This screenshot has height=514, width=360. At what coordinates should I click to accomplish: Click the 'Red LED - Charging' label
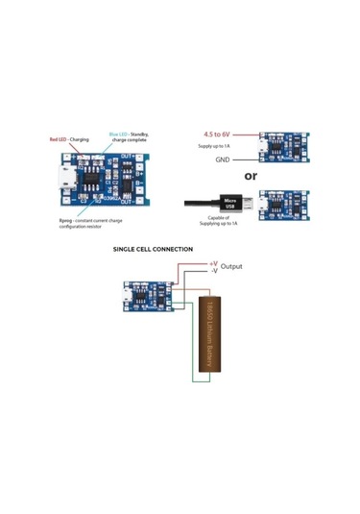[x=69, y=139]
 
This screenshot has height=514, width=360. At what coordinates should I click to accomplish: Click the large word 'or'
[x=251, y=177]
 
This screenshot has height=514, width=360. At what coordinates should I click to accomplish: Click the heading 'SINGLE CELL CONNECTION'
[x=154, y=249]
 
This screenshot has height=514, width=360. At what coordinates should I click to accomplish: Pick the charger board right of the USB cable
[x=285, y=205]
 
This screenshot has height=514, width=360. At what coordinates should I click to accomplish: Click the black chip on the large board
[x=89, y=180]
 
